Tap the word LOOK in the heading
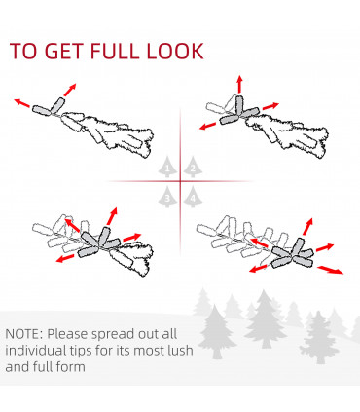click(175, 51)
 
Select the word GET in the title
click(63, 51)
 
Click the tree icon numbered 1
click(167, 167)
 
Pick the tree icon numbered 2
click(193, 167)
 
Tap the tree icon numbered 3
click(167, 197)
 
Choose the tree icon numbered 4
click(193, 197)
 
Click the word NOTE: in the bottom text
click(24, 334)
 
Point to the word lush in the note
click(181, 351)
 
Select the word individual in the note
click(36, 351)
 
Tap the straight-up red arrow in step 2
click(239, 84)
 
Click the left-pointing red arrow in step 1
click(22, 102)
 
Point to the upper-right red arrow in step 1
click(70, 90)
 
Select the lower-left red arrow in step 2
click(207, 126)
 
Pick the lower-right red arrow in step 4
click(330, 270)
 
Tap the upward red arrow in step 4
click(307, 227)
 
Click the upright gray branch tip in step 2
click(239, 106)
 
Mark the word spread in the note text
click(112, 334)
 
